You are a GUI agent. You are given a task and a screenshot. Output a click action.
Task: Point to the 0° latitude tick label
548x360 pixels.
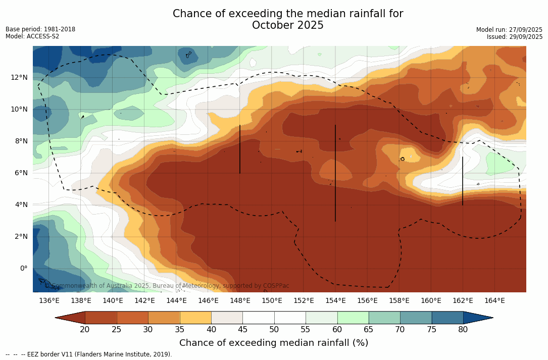click(x=23, y=268)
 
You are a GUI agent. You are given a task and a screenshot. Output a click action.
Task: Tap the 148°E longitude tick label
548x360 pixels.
click(x=240, y=301)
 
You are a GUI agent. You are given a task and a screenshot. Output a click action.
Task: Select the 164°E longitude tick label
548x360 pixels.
click(x=494, y=301)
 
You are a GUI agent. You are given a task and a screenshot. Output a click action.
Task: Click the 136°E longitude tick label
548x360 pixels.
click(x=49, y=301)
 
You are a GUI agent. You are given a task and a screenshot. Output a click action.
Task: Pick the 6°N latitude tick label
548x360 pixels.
click(x=20, y=173)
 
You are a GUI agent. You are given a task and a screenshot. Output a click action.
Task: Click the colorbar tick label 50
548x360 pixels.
click(x=274, y=330)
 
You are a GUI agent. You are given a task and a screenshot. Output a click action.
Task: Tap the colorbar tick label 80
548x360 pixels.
click(x=463, y=330)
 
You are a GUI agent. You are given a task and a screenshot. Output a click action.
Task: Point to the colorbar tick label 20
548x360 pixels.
click(x=85, y=330)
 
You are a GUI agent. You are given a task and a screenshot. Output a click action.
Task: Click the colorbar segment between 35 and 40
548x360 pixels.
click(x=195, y=318)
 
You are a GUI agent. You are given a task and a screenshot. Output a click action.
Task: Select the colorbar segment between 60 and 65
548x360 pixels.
click(x=353, y=318)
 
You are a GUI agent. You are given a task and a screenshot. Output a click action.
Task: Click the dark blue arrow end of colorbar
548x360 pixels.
click(x=477, y=318)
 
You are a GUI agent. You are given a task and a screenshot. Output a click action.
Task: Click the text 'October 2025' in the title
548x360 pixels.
click(x=288, y=25)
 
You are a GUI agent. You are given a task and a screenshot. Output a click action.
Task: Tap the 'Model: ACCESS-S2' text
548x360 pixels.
click(x=32, y=36)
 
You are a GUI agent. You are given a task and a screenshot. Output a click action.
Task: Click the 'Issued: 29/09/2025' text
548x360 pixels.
click(x=515, y=37)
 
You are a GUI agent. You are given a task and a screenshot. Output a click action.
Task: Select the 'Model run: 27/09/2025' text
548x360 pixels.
click(x=509, y=30)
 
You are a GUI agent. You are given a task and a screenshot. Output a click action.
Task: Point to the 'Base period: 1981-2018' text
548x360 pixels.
click(x=40, y=29)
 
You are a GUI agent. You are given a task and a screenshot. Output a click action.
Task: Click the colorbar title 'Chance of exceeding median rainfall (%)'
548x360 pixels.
click(x=274, y=343)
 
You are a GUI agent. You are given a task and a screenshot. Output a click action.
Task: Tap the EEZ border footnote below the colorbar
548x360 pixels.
click(x=89, y=354)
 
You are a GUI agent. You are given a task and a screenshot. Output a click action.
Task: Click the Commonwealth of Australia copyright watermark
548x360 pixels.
click(x=170, y=286)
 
